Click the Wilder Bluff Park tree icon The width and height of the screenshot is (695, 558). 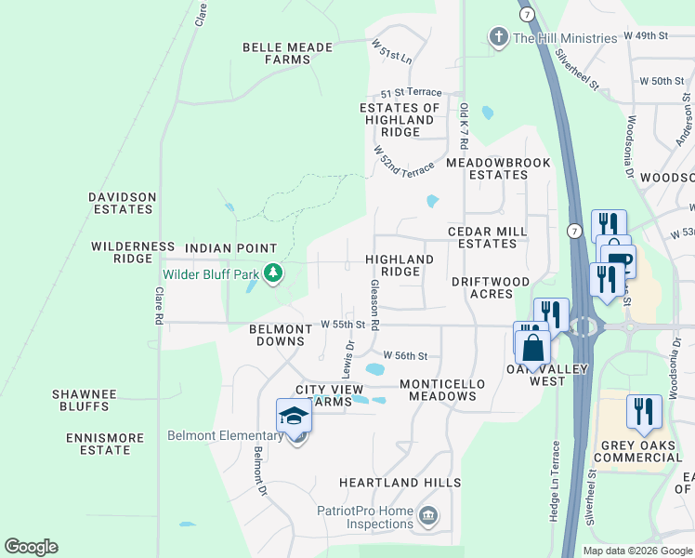272,273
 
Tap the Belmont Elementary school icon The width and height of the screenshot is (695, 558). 294,416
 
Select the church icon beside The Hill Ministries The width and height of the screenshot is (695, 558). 498,37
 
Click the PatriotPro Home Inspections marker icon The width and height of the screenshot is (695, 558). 428,514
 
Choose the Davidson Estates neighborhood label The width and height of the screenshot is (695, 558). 122,203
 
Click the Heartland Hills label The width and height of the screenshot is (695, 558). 400,483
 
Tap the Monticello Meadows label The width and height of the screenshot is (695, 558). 438,390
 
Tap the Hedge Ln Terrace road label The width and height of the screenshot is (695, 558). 555,480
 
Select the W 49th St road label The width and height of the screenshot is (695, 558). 647,35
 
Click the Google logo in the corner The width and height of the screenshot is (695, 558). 31,547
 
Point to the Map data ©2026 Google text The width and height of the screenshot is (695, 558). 637,551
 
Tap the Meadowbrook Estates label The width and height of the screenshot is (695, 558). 498,168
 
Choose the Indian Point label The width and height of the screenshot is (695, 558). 230,248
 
